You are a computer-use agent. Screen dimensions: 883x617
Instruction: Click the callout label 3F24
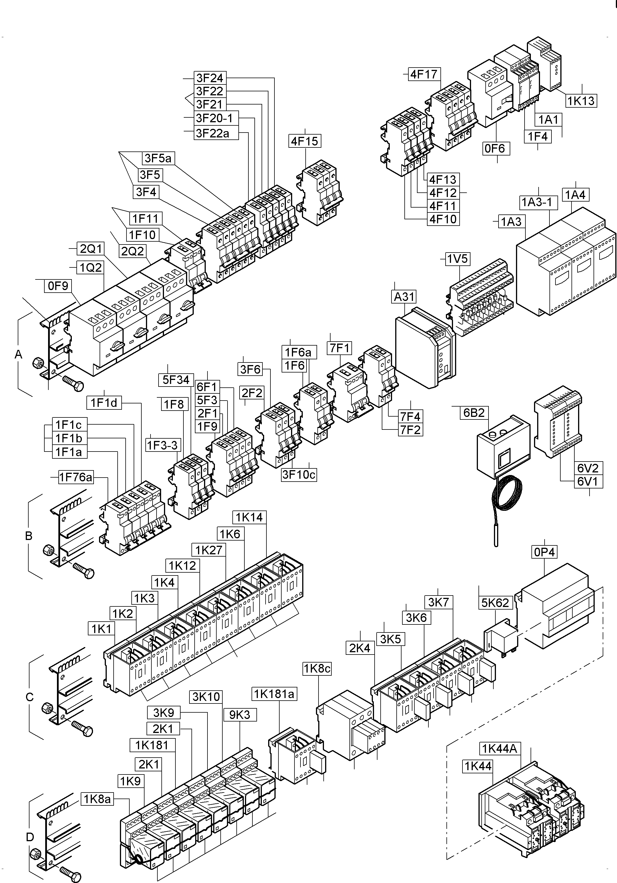[209, 78]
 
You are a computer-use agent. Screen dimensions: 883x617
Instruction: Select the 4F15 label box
[304, 141]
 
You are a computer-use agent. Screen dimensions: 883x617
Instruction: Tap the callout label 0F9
[58, 286]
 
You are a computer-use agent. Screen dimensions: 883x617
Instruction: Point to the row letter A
[18, 354]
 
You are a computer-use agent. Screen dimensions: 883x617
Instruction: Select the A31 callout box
[404, 297]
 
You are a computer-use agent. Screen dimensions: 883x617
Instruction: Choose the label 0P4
[544, 552]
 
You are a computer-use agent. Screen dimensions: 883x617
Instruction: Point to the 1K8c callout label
[317, 669]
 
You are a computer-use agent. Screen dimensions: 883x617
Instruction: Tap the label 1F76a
[76, 477]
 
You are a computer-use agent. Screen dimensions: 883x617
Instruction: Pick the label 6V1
[588, 482]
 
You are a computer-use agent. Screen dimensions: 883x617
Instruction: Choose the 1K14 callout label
[249, 517]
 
